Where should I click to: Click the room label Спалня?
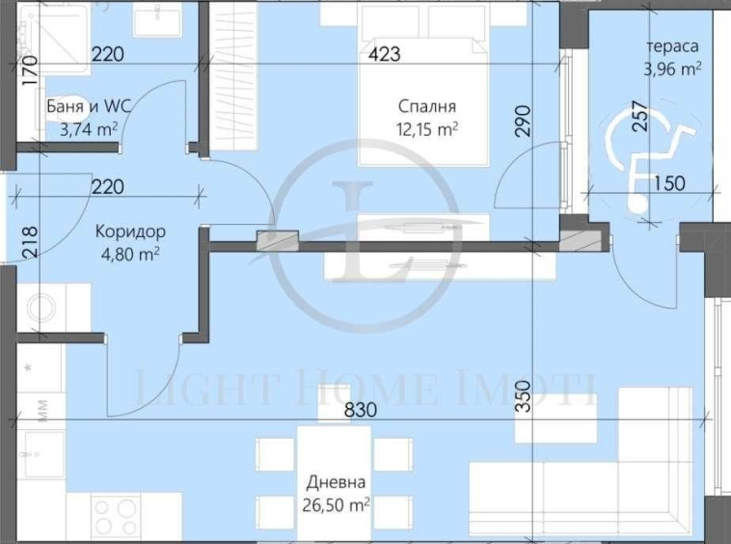(x=428, y=107)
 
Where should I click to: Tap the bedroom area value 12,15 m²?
(x=428, y=128)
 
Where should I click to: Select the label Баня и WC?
(x=82, y=107)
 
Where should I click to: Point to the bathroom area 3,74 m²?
(x=82, y=128)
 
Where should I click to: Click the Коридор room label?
(x=129, y=232)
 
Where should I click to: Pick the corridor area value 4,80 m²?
(x=129, y=254)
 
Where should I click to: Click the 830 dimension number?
(x=362, y=409)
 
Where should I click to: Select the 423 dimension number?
(x=384, y=55)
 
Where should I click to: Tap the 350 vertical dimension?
(x=524, y=396)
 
